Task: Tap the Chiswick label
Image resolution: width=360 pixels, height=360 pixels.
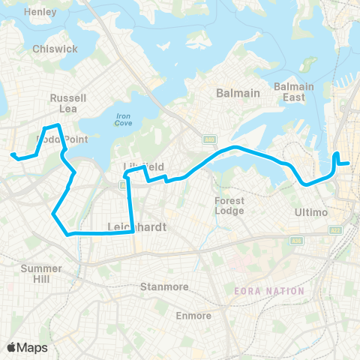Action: (x=55, y=49)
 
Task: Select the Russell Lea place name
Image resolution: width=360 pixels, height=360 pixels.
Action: (x=68, y=103)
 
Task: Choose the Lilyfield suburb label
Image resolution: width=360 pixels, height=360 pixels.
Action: (x=142, y=165)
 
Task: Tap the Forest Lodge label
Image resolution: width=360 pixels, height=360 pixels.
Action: (x=229, y=205)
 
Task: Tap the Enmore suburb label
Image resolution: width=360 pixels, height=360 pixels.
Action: (x=193, y=316)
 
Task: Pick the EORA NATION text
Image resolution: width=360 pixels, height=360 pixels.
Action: (x=269, y=291)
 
